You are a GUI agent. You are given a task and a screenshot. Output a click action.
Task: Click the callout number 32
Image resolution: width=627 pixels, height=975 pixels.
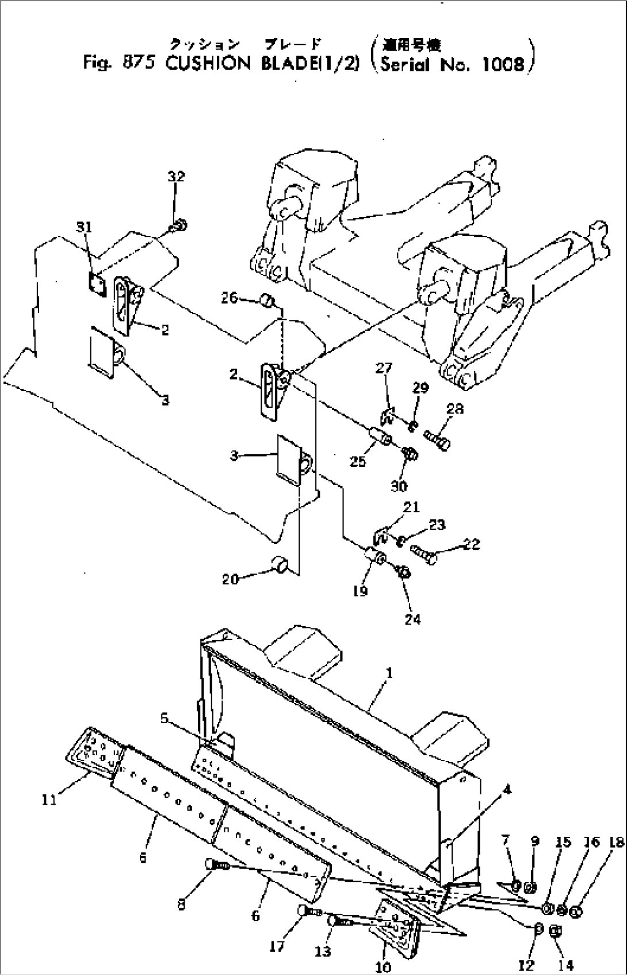coord(176,177)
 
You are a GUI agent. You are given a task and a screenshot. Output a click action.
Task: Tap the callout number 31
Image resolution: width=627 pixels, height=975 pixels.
coord(85,228)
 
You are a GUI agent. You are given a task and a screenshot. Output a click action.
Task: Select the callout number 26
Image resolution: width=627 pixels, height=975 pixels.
coord(230,297)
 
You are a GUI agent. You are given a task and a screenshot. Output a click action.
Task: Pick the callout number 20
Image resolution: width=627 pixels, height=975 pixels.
coord(230,579)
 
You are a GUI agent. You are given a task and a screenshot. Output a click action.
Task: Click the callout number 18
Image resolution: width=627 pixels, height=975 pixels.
coord(615,843)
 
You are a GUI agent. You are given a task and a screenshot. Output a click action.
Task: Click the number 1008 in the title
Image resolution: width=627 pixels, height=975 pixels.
coord(503,64)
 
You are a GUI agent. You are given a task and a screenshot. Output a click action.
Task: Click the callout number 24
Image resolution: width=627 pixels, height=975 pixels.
coord(412,619)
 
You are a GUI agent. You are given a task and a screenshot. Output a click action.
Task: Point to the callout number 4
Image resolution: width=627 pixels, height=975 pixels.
coord(506,790)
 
